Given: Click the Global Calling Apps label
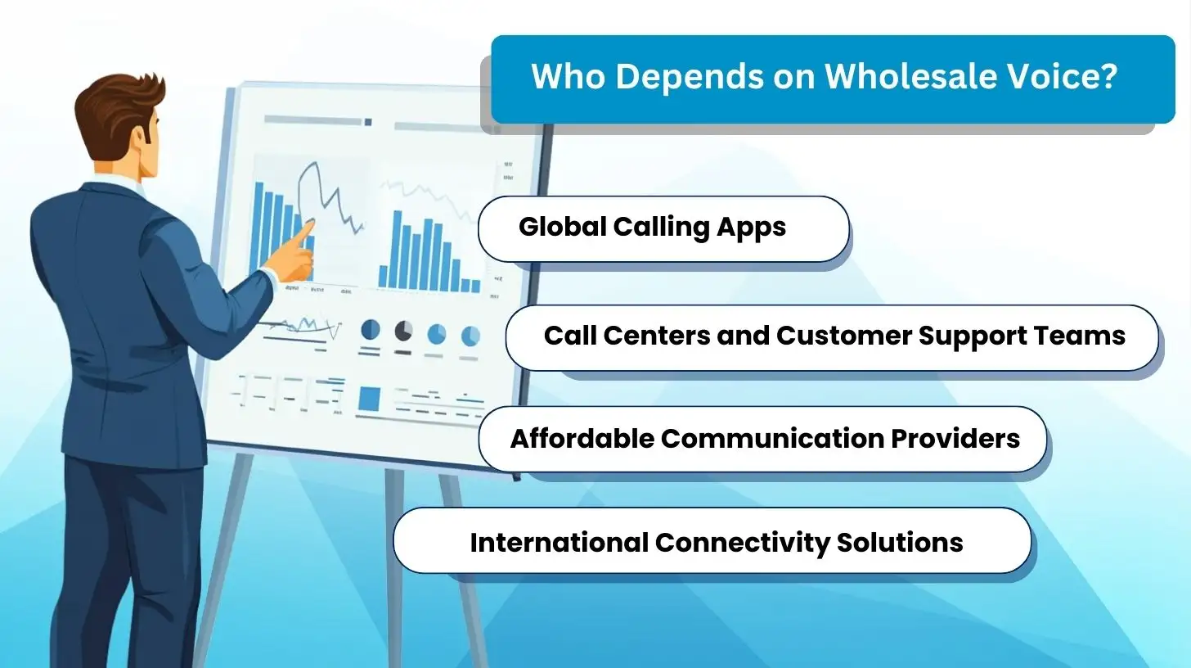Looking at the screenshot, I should point(652,227).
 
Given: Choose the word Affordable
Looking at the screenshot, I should point(582,439).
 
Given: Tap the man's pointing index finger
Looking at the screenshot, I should point(305,232).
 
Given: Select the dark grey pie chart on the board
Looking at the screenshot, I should point(403,331).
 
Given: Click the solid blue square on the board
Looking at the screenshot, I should point(369,399).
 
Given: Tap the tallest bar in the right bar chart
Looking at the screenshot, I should point(398,250).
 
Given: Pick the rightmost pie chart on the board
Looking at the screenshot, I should point(470,335).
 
